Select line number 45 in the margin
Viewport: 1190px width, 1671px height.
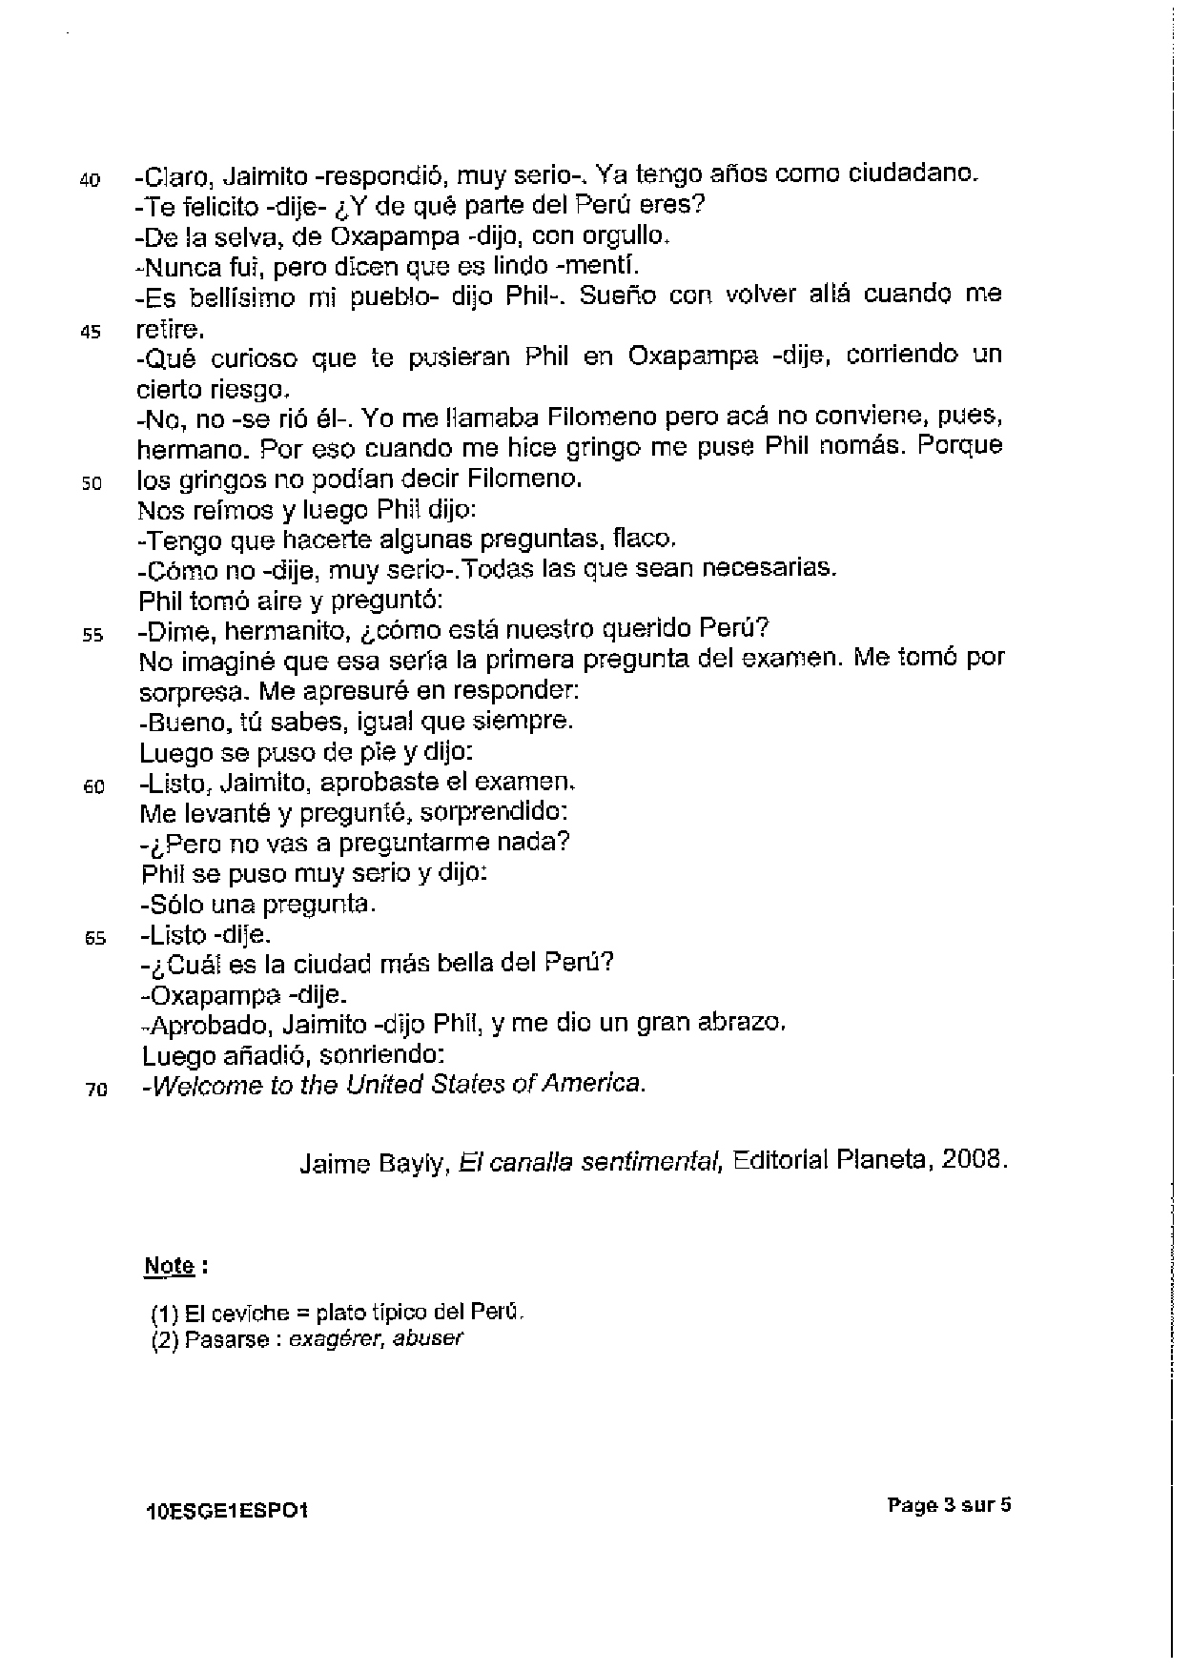(91, 335)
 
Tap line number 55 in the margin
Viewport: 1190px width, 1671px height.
(92, 637)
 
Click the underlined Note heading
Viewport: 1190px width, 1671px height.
(170, 1267)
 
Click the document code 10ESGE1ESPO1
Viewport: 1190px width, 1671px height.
(227, 1511)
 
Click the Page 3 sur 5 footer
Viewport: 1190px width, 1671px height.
(949, 1506)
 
